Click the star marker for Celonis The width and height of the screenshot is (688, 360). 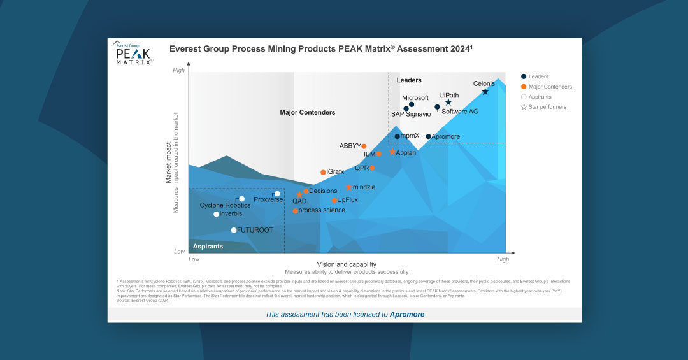[x=485, y=92]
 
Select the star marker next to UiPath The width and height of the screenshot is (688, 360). [x=448, y=103]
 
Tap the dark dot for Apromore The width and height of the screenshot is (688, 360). [x=428, y=136]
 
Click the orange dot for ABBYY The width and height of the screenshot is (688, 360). [x=364, y=147]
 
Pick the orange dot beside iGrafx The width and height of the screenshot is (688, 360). [x=323, y=172]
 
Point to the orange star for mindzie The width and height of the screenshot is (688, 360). [x=348, y=187]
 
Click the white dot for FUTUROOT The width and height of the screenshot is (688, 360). [x=234, y=230]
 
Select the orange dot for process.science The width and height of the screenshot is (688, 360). [x=295, y=211]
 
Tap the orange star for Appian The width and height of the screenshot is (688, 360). [x=392, y=152]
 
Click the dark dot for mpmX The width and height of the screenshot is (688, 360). [x=397, y=136]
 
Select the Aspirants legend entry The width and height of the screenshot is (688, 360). [x=540, y=97]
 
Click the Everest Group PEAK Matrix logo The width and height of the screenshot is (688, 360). [x=133, y=54]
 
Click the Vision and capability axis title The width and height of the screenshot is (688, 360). [x=347, y=264]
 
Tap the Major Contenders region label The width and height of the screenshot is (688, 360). [x=308, y=113]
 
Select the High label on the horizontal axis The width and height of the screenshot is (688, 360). [x=503, y=259]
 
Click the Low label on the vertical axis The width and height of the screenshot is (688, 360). [x=180, y=251]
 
